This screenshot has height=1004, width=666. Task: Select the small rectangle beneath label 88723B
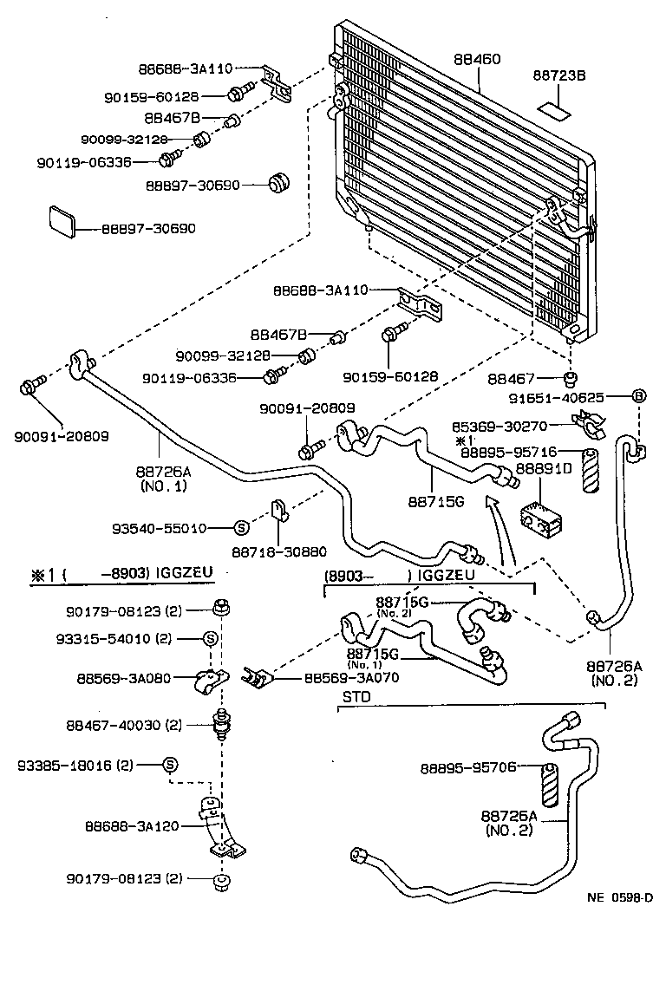click(553, 110)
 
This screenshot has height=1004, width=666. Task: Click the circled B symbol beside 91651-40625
click(639, 396)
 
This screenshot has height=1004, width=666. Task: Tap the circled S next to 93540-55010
click(241, 527)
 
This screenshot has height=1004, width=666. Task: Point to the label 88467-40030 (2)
click(124, 725)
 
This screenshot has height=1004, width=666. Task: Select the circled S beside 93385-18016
click(170, 765)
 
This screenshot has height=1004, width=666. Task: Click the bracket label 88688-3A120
click(133, 826)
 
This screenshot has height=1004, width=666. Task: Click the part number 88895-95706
click(468, 767)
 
